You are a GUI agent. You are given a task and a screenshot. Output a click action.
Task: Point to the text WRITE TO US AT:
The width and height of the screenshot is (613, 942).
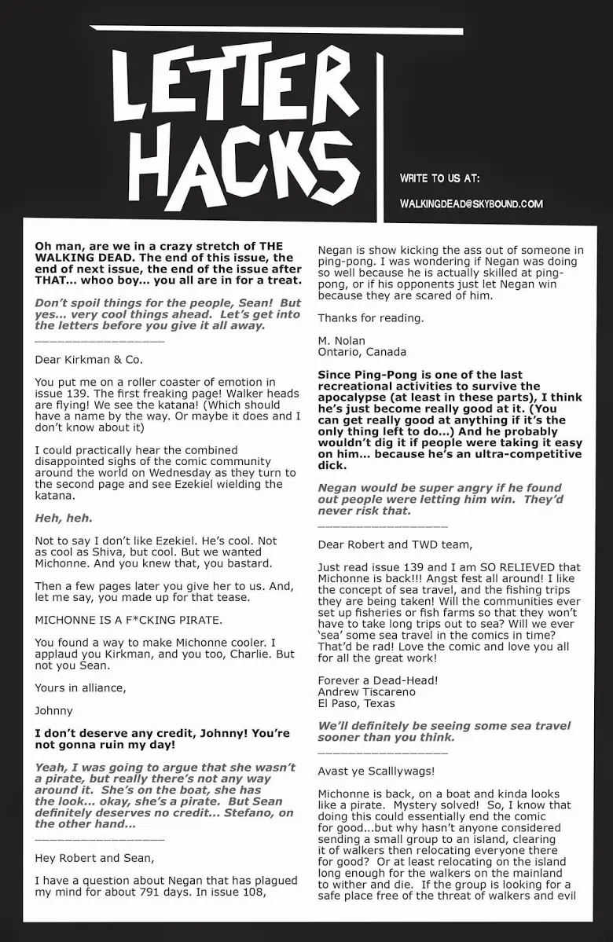point(439,178)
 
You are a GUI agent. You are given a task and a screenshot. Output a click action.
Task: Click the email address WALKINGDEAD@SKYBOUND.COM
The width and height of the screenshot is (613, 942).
point(471,204)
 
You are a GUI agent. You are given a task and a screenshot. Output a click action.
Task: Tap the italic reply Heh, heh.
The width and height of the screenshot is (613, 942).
point(64,518)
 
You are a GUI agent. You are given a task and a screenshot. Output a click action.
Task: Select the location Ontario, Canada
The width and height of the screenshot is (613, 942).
point(362,352)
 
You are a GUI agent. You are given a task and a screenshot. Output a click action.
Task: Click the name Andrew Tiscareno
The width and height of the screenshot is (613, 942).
point(367,692)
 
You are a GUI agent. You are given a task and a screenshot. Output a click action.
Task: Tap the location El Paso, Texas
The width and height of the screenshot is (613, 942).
point(356,703)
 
